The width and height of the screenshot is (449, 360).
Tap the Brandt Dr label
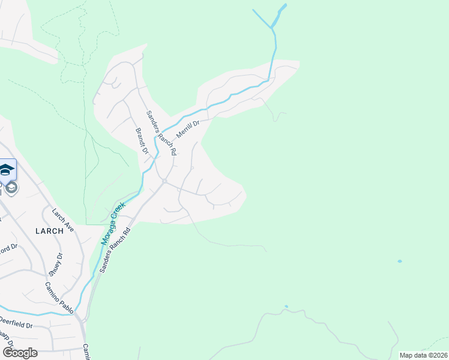pyautogui.click(x=142, y=140)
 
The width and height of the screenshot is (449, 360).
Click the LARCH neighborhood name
pyautogui.click(x=49, y=230)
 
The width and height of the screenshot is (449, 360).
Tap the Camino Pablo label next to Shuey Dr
pyautogui.click(x=59, y=297)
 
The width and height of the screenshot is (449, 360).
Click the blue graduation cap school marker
pyautogui.click(x=7, y=170)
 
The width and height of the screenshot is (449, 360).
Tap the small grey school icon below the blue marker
pyautogui.click(x=11, y=188)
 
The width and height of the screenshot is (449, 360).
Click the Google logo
pyautogui.click(x=20, y=353)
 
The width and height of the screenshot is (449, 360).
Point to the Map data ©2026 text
pyautogui.click(x=423, y=355)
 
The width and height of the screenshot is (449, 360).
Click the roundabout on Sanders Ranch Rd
pyautogui.click(x=164, y=181)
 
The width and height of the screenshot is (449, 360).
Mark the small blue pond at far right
pyautogui.click(x=399, y=262)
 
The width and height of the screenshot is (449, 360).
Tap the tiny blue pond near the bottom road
pyautogui.click(x=286, y=307)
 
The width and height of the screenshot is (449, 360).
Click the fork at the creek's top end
pyautogui.click(x=273, y=28)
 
